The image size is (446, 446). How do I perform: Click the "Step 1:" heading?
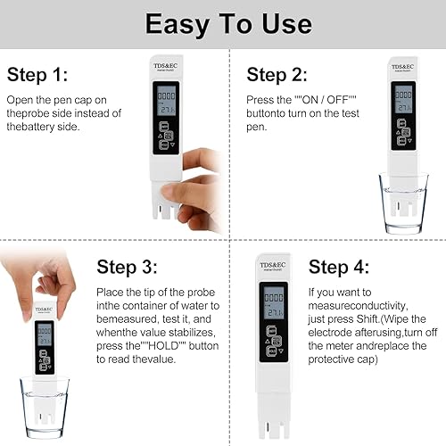tap(37, 74)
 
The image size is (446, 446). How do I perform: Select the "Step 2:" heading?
tap(277, 74)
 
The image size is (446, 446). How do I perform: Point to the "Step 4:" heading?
tap(339, 267)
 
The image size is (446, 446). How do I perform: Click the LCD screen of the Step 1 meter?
tap(167, 102)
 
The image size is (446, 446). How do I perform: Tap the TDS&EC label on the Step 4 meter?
tap(273, 266)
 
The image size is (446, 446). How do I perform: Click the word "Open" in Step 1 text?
tap(20, 101)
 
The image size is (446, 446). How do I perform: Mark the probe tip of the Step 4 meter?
tap(273, 426)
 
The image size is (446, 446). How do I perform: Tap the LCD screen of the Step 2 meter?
tap(403, 99)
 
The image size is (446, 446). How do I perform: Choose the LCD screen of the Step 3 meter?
tap(44, 336)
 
